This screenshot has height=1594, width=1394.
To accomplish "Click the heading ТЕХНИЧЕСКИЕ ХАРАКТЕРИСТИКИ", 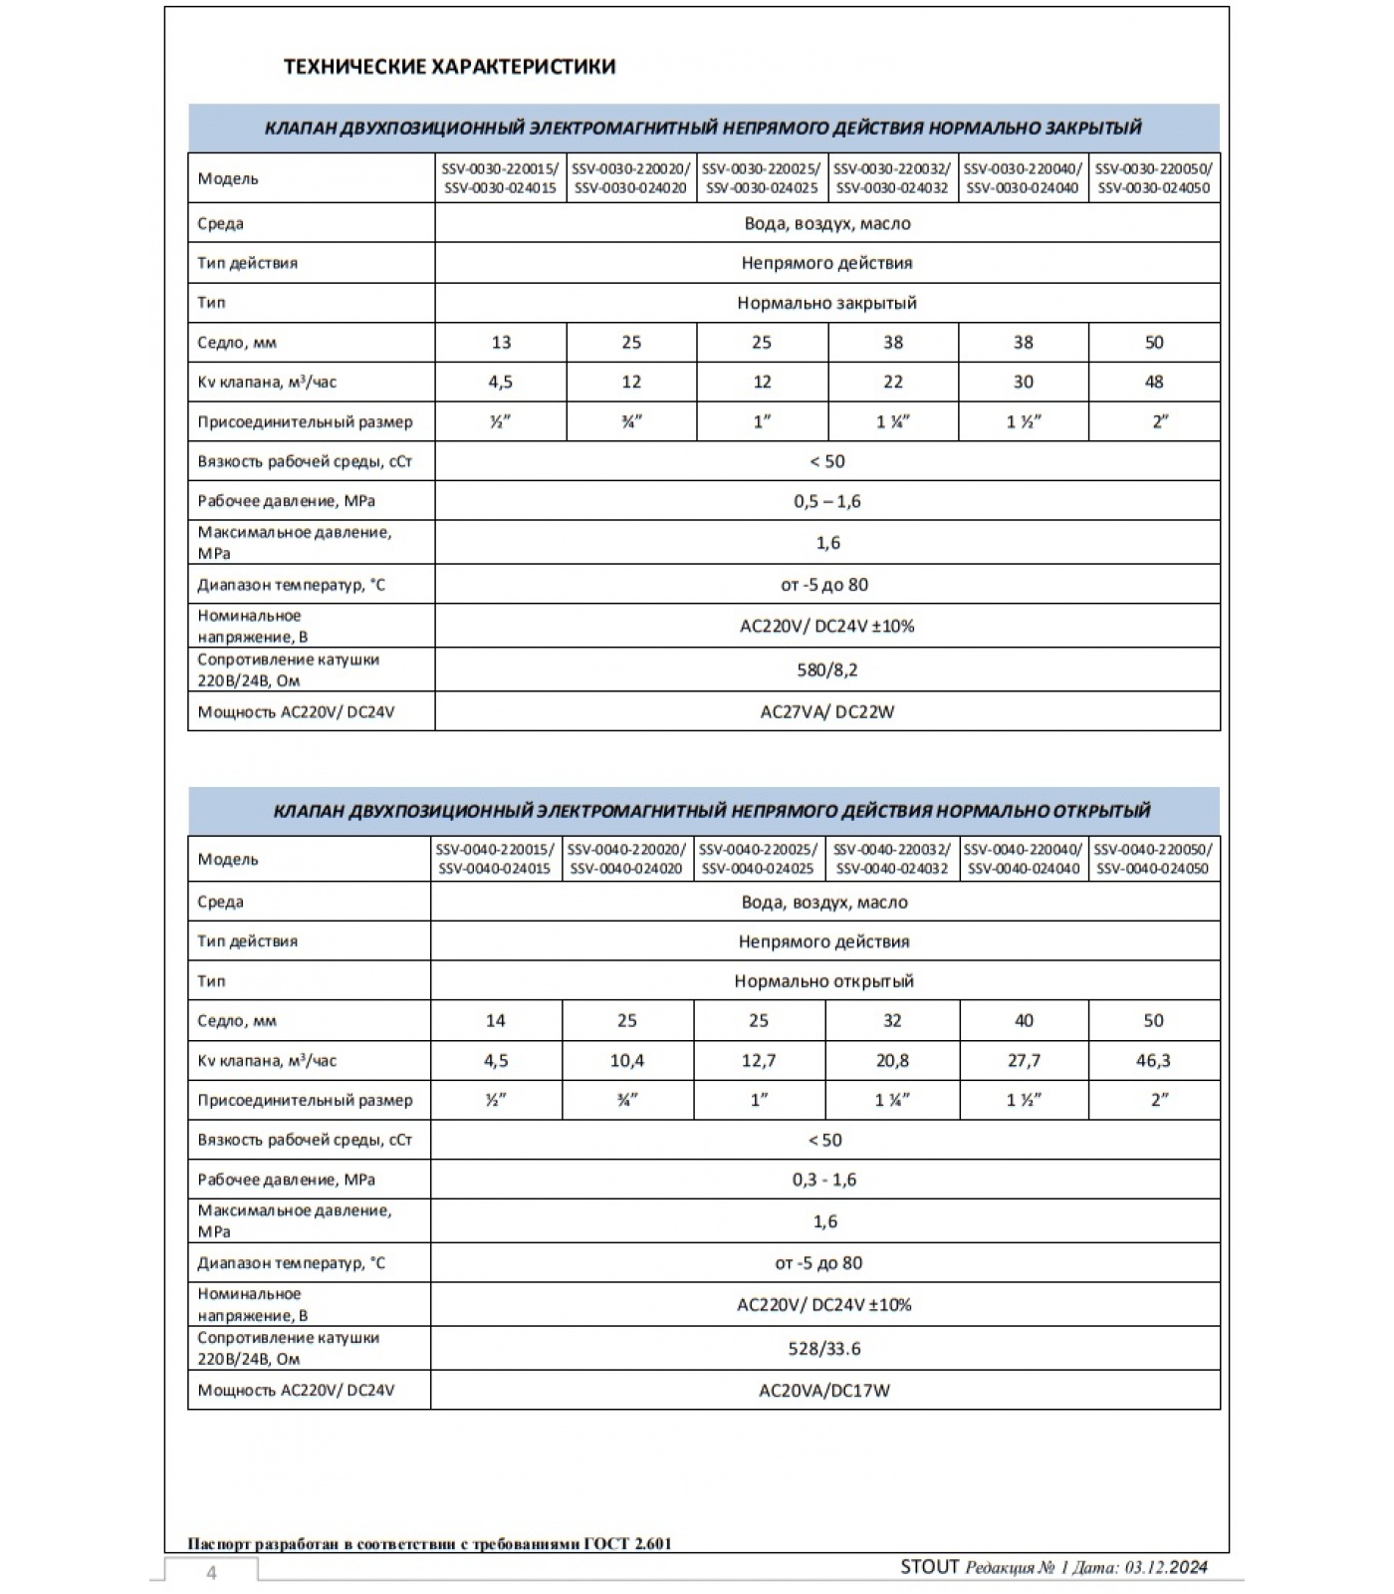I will click(450, 67).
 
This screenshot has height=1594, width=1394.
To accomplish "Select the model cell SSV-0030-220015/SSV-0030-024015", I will click(500, 178).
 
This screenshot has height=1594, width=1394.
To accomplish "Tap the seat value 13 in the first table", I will click(501, 343).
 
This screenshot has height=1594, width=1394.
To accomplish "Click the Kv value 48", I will click(1154, 382).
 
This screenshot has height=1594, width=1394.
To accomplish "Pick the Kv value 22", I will click(893, 382).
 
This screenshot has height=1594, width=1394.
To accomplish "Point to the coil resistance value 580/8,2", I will click(827, 669).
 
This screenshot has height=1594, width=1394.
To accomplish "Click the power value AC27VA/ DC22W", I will click(827, 712).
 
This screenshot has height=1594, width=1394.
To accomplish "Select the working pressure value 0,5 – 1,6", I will click(827, 501).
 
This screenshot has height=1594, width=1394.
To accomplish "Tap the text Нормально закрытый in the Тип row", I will click(827, 303).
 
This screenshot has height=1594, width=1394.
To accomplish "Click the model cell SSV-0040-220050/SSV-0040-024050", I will click(1153, 859).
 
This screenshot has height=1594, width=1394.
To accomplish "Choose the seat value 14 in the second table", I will click(495, 1020).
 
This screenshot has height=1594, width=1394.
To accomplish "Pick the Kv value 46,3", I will click(1153, 1060).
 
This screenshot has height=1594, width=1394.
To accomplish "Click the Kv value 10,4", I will click(627, 1060).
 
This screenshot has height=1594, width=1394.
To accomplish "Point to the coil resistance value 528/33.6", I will click(824, 1348).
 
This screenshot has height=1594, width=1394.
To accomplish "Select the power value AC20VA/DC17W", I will click(824, 1390).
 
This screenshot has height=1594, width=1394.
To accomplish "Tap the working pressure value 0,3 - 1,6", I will click(824, 1180).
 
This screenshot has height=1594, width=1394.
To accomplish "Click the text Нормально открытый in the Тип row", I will click(824, 981).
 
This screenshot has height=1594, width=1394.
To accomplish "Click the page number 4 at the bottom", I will click(211, 1573).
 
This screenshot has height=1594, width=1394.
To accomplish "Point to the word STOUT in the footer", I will click(929, 1567).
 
